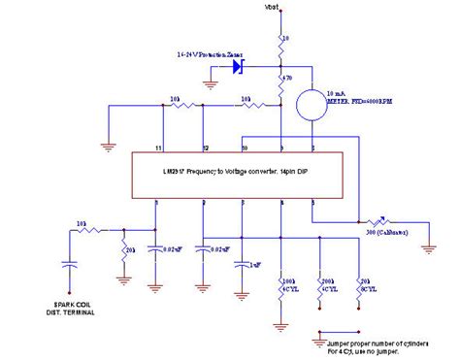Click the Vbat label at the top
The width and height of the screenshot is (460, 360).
point(278,9)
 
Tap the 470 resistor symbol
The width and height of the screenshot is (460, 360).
point(279,78)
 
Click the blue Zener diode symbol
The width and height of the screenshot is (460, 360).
point(238,66)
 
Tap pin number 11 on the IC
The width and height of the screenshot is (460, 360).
point(157,147)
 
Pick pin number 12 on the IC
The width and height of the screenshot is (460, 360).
point(205,147)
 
